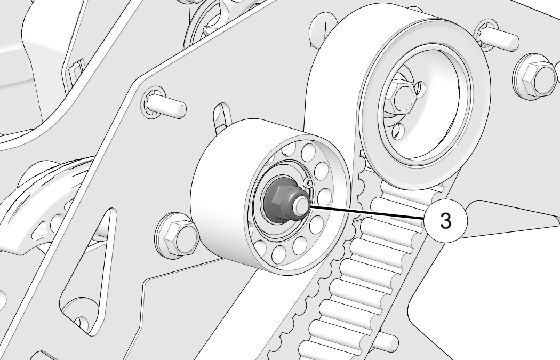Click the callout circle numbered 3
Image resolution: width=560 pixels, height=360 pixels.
[446, 221]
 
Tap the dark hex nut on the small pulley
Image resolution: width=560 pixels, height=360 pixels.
[281, 203]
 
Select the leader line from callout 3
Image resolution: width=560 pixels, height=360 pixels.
[366, 212]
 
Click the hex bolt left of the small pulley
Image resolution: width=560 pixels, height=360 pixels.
[178, 236]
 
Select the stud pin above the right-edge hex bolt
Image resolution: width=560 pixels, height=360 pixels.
[497, 36]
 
